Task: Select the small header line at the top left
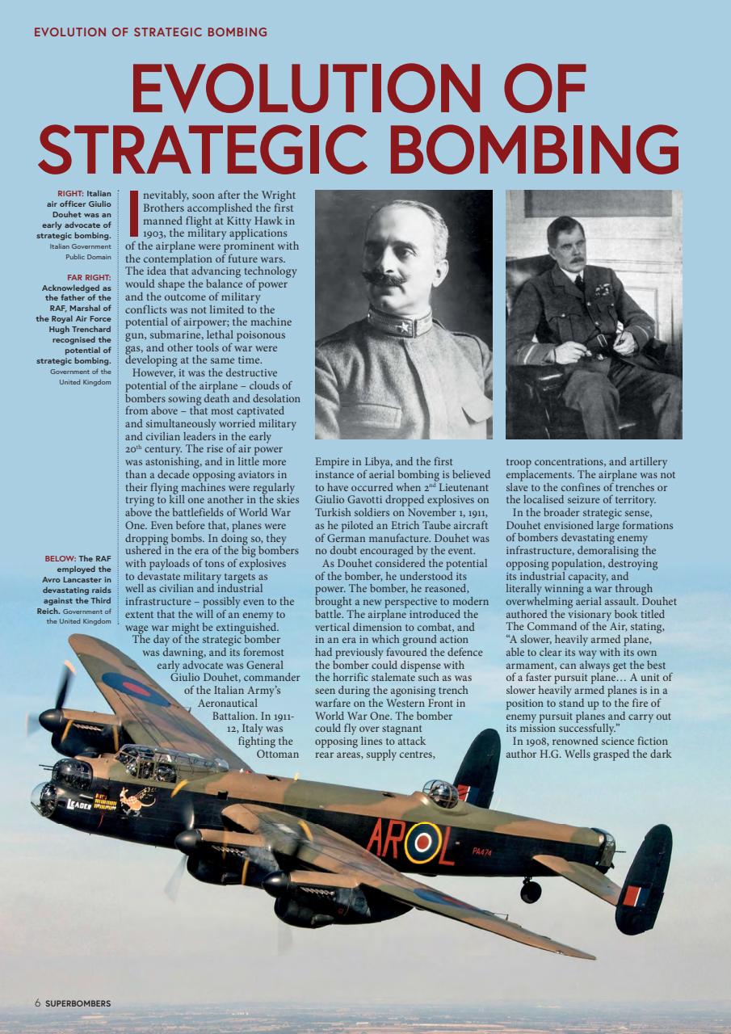pos(150,32)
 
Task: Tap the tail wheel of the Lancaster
pos(531,890)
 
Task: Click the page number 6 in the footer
pos(37,1003)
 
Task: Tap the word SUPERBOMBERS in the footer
pos(78,1003)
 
